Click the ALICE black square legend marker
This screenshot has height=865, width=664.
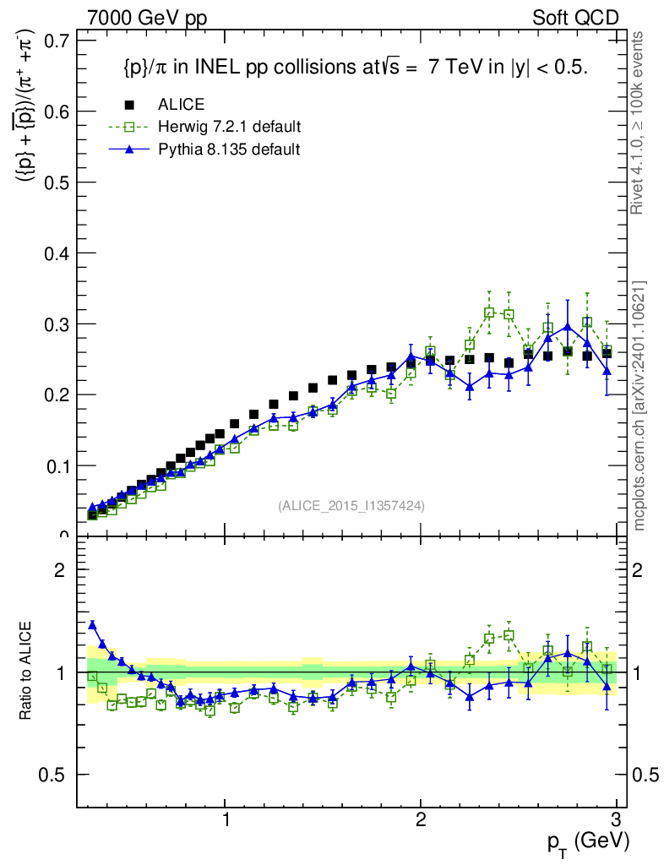click(x=129, y=105)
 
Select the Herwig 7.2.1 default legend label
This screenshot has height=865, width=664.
click(x=230, y=127)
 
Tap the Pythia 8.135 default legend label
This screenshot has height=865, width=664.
click(x=229, y=149)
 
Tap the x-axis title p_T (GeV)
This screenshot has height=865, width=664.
click(x=588, y=841)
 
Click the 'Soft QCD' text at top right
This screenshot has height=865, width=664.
click(x=575, y=18)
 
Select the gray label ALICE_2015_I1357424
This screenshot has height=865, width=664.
click(x=351, y=505)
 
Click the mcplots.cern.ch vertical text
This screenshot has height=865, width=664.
click(x=640, y=405)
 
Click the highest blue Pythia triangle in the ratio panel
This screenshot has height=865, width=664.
click(x=92, y=624)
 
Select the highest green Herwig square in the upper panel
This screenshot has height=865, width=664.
click(x=489, y=313)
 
